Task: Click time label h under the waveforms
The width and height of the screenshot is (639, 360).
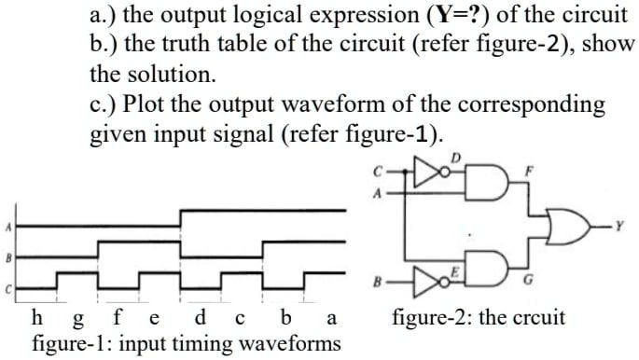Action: click(36, 316)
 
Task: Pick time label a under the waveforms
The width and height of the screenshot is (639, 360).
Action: click(331, 317)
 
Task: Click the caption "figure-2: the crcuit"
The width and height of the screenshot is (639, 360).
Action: click(479, 317)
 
